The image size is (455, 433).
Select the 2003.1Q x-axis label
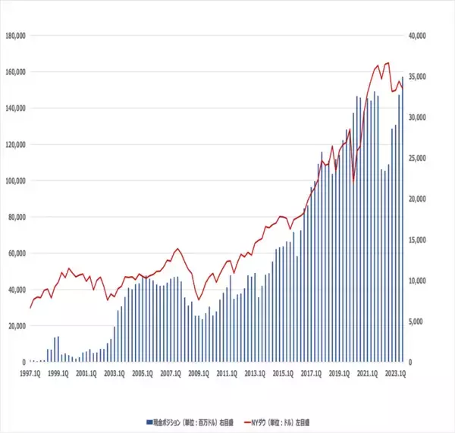(x=114, y=373)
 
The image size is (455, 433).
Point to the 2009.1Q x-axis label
(x=198, y=373)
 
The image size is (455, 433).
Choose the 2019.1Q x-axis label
(x=339, y=373)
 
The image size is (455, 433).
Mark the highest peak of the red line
(x=388, y=63)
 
